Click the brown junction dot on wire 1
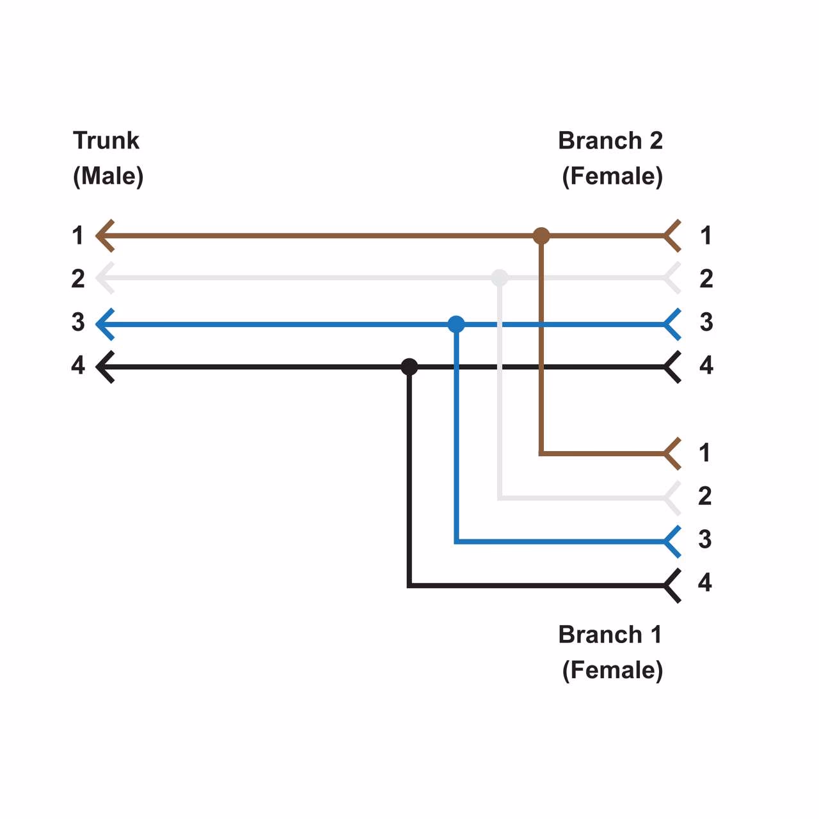coord(541,236)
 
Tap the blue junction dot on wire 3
coord(456,324)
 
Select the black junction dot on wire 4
coord(409,367)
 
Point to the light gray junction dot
coord(500,278)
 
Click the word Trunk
coord(106,141)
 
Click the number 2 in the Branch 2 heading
coord(656,141)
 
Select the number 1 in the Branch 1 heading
coord(656,635)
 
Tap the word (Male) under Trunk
coord(108,176)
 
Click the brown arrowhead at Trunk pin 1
coord(105,236)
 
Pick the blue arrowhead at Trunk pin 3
coord(105,324)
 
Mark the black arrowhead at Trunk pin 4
coord(105,367)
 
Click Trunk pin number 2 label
coord(78,279)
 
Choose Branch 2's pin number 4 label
coord(706,365)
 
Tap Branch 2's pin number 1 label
coord(706,236)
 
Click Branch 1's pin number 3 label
coord(704,539)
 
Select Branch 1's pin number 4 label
coord(704,583)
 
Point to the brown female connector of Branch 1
coord(672,454)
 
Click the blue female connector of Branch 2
coord(672,324)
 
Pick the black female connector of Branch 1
coord(672,585)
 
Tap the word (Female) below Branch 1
coord(612,671)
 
